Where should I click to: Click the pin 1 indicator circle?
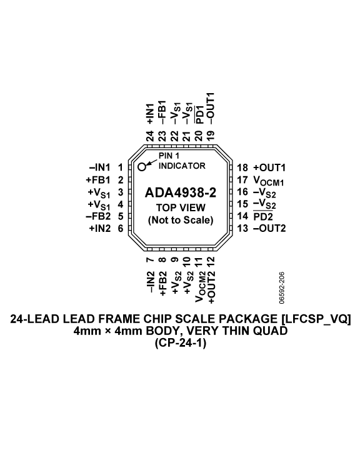(x=142, y=166)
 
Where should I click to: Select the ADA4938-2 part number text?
(x=180, y=192)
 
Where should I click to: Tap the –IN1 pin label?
(x=100, y=167)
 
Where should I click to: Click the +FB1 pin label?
(x=98, y=180)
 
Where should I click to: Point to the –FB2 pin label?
(x=98, y=216)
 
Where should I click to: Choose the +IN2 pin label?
(x=100, y=229)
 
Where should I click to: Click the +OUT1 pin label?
(x=269, y=167)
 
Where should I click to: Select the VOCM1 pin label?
(x=269, y=181)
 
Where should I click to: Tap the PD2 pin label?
(x=263, y=216)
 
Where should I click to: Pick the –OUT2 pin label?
(x=269, y=229)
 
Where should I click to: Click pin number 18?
(x=242, y=167)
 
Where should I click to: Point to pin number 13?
(x=242, y=229)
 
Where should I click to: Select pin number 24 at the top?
(x=150, y=136)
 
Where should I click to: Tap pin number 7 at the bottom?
(x=150, y=260)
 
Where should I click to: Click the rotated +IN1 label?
(x=150, y=114)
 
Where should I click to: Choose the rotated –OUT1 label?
(x=211, y=109)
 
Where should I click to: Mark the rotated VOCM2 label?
(x=199, y=286)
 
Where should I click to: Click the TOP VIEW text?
(x=181, y=207)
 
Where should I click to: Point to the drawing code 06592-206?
(x=282, y=288)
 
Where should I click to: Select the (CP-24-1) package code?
(x=181, y=343)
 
